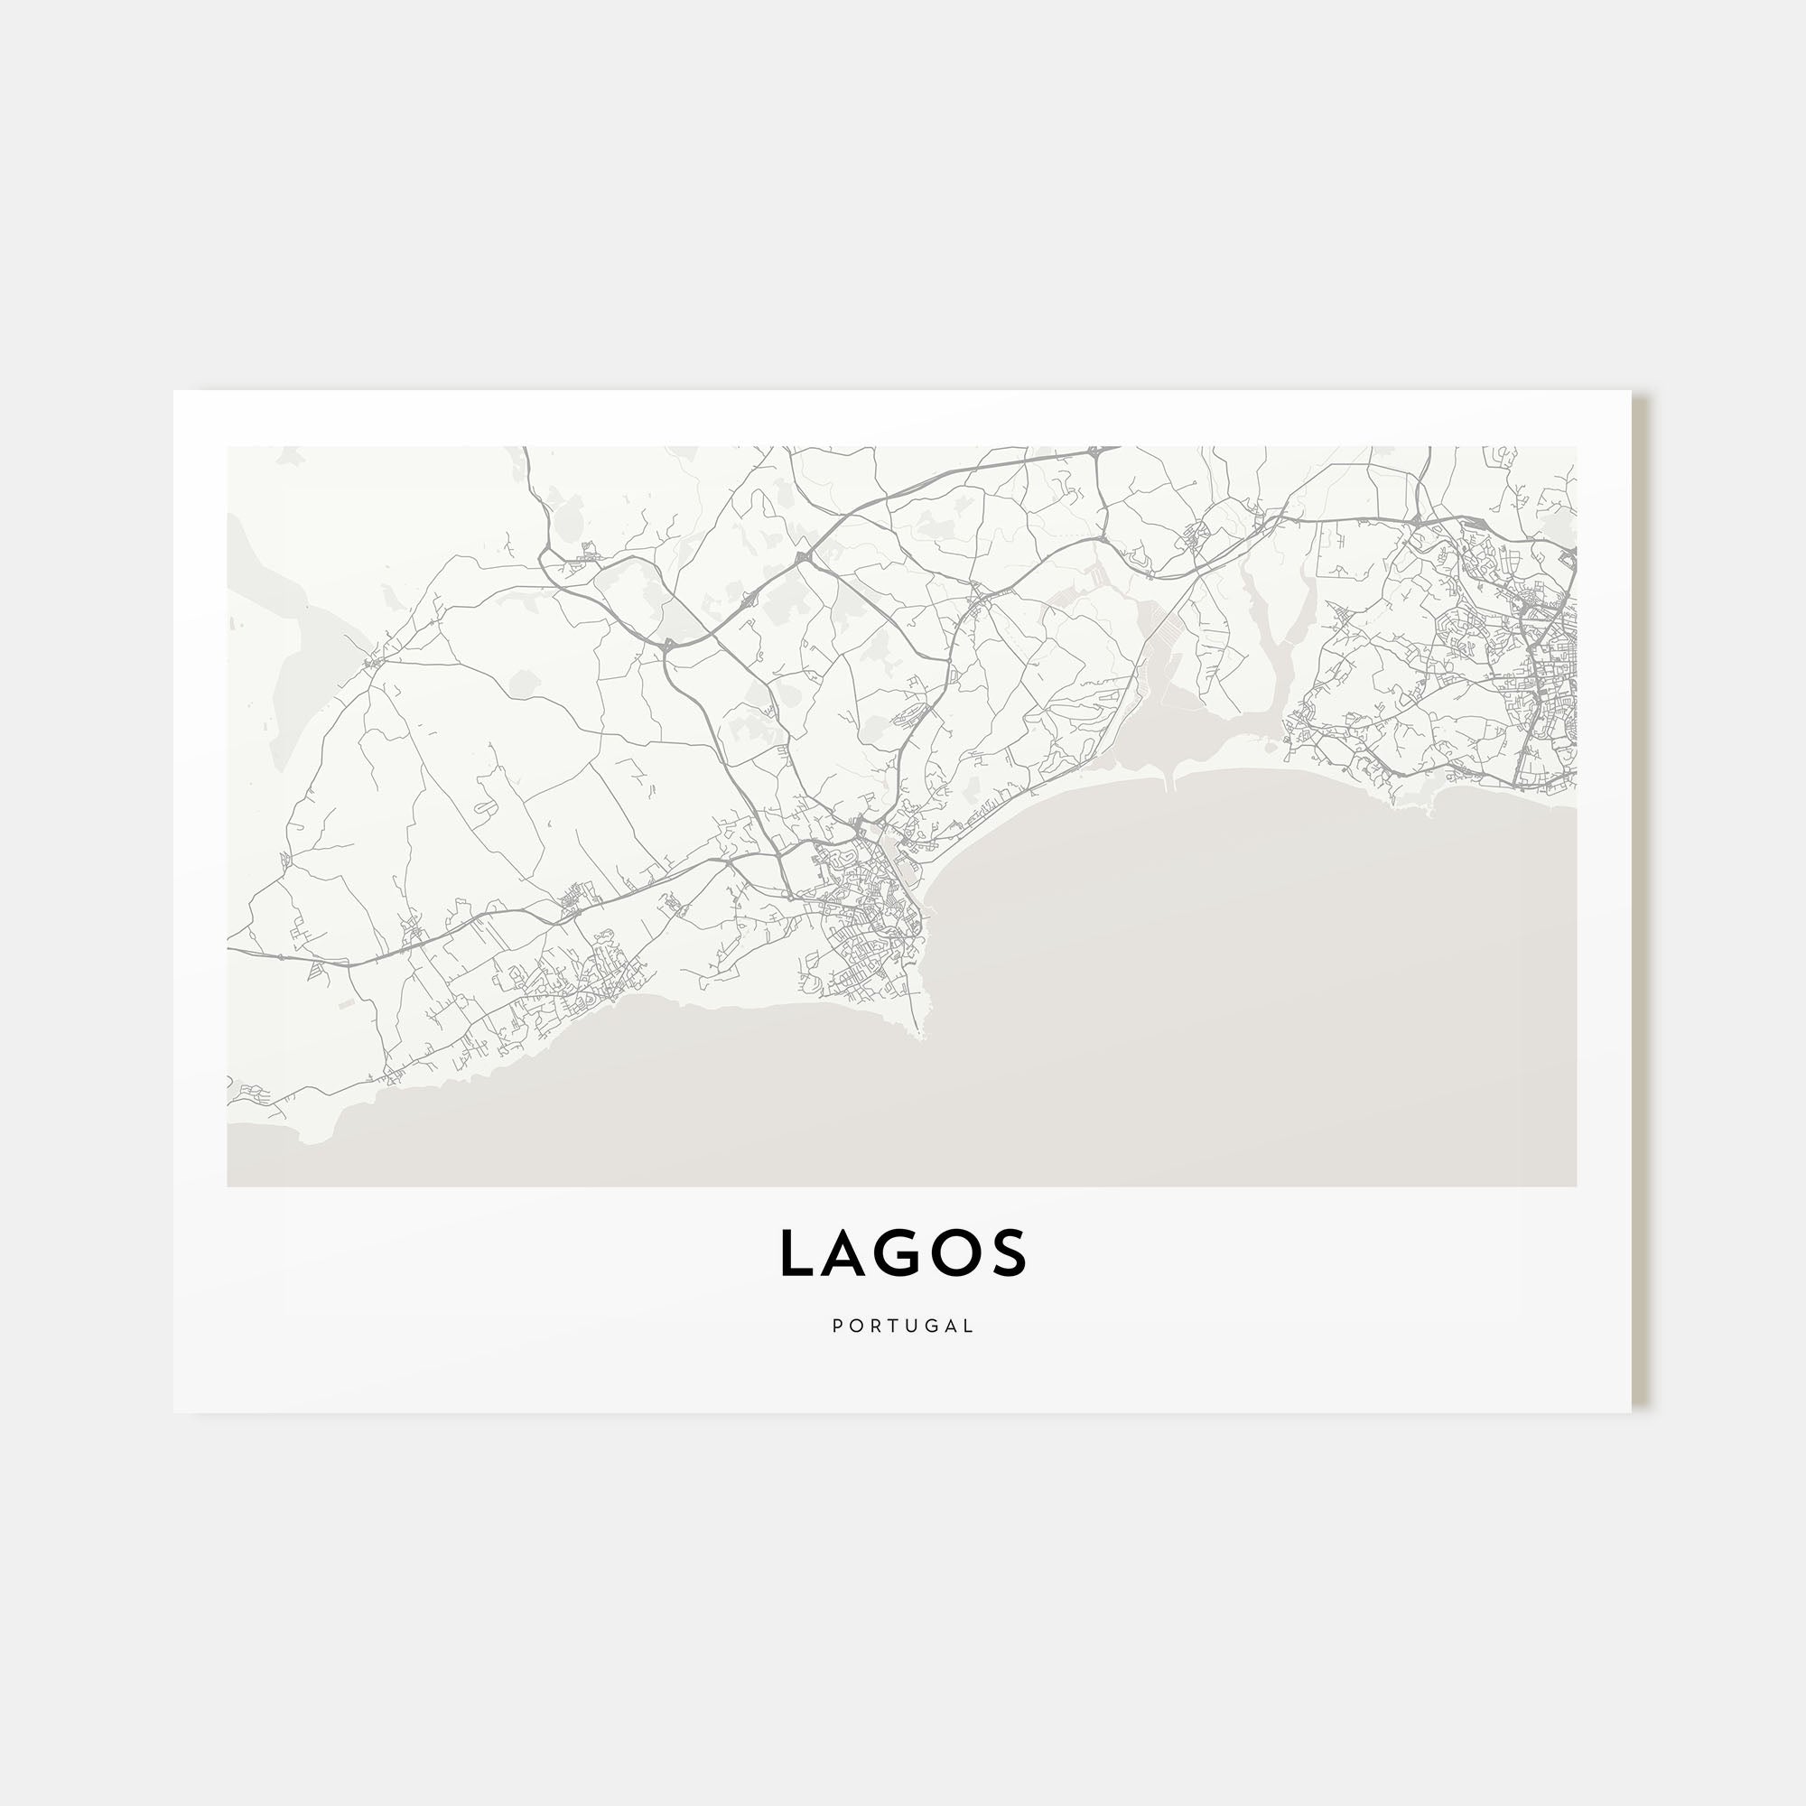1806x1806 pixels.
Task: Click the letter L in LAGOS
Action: pyautogui.click(x=796, y=1253)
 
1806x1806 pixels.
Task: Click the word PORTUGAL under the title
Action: pyautogui.click(x=903, y=1326)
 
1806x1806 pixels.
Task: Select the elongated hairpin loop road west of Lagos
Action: pyautogui.click(x=486, y=806)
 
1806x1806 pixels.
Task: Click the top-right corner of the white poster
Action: pyautogui.click(x=1631, y=392)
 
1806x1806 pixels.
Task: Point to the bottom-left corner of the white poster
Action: pyautogui.click(x=175, y=1411)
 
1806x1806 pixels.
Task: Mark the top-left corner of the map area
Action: pyautogui.click(x=228, y=448)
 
